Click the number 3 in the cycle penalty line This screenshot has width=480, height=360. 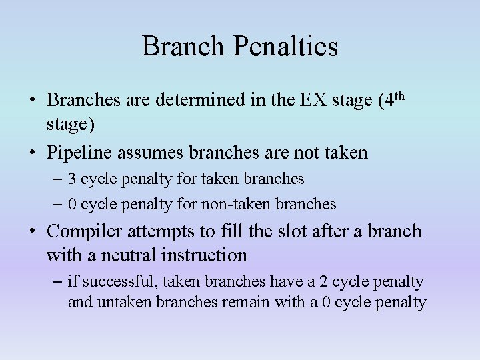pyautogui.click(x=72, y=179)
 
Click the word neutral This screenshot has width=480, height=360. pyautogui.click(x=127, y=255)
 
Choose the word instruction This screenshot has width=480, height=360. pyautogui.click(x=208, y=255)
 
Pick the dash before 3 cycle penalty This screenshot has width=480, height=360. pyautogui.click(x=57, y=179)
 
